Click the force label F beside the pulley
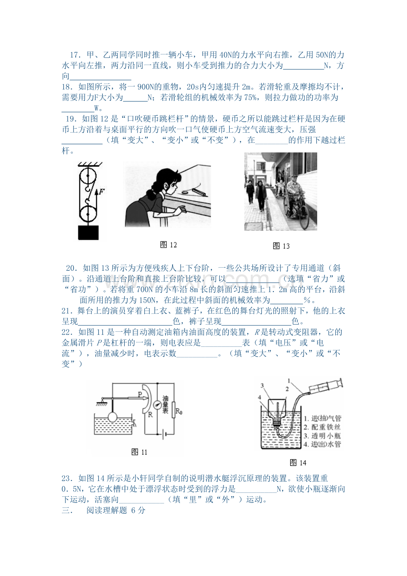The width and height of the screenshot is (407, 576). point(102,191)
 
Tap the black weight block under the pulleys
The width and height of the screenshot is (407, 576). point(88,233)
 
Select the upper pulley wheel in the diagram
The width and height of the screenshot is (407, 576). point(88,176)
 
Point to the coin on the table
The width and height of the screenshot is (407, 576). point(185,192)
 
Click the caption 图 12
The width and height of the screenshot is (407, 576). point(169,245)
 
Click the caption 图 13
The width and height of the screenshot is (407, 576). point(281,246)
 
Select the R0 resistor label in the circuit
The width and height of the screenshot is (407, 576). point(179,412)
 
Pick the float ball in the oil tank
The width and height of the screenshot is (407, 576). point(112,417)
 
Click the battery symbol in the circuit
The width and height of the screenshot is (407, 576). point(164,434)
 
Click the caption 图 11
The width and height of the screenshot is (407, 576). point(139,452)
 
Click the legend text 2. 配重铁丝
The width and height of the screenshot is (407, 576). point(322,427)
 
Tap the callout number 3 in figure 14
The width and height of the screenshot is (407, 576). point(262,385)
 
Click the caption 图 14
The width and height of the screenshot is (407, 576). point(298,463)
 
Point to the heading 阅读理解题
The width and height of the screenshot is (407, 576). point(107,510)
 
